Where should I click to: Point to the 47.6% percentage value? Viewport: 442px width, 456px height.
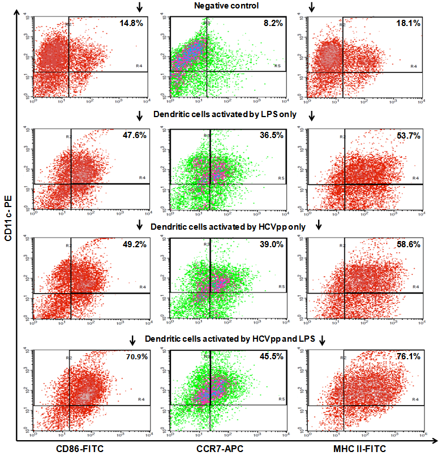tap(134, 136)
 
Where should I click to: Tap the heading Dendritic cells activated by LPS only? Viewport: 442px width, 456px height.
tap(226, 115)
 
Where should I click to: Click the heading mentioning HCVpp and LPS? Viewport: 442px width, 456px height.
tap(228, 339)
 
